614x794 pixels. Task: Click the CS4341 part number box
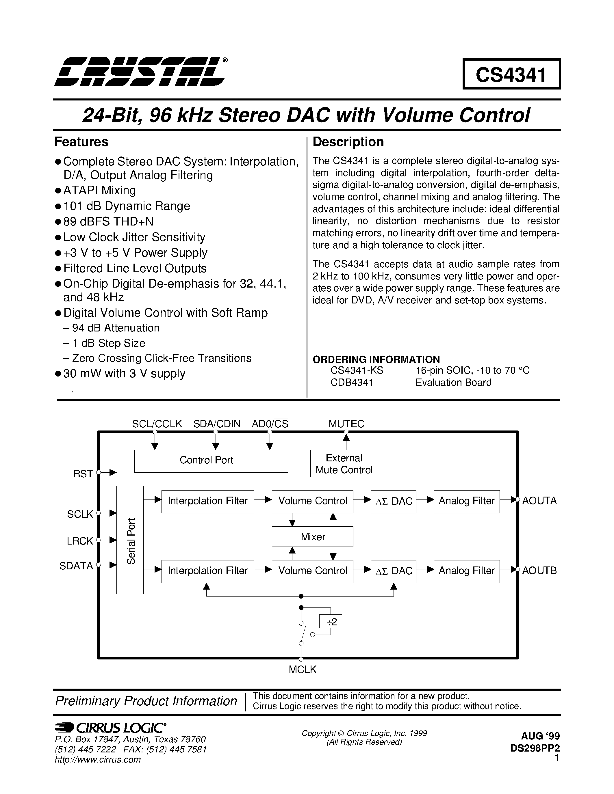click(x=511, y=74)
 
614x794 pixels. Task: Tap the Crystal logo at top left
click(x=140, y=72)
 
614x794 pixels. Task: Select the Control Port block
click(x=211, y=461)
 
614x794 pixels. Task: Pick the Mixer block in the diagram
click(x=312, y=537)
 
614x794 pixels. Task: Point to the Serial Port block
click(x=130, y=540)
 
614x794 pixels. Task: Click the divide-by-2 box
click(x=331, y=621)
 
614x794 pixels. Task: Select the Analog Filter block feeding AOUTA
click(x=466, y=501)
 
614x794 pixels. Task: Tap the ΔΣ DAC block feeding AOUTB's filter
click(x=393, y=571)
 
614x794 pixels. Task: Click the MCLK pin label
click(x=302, y=670)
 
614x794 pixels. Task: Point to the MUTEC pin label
click(x=346, y=424)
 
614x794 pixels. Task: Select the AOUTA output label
click(x=539, y=501)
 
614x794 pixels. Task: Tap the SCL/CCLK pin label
click(x=157, y=424)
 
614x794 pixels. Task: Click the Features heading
click(x=81, y=142)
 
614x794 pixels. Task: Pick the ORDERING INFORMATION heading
click(x=376, y=359)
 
